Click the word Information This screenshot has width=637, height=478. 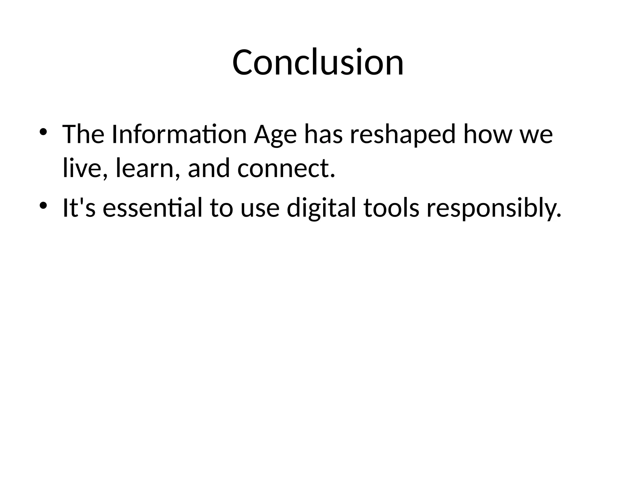coord(179,134)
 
